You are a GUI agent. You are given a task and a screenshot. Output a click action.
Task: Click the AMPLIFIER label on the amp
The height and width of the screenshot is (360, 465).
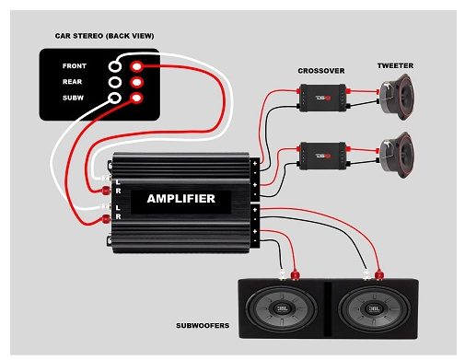tap(180, 198)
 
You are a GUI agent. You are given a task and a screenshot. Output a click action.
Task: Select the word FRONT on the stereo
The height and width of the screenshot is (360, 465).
tap(75, 66)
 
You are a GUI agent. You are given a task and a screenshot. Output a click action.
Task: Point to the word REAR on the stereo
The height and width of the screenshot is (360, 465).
tap(75, 82)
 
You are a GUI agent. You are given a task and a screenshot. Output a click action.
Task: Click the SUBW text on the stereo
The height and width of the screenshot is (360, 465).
tap(75, 98)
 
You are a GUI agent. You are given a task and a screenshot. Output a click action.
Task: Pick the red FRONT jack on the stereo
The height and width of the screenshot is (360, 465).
tap(136, 66)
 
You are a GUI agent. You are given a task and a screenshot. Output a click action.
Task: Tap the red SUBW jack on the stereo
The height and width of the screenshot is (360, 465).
tap(136, 98)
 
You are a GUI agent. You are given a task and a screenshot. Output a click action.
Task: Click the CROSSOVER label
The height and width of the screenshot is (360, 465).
tap(321, 71)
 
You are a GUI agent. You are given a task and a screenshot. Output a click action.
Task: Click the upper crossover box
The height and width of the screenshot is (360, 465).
tap(321, 94)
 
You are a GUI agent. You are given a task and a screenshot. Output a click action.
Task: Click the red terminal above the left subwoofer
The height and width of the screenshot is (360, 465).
tap(296, 273)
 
